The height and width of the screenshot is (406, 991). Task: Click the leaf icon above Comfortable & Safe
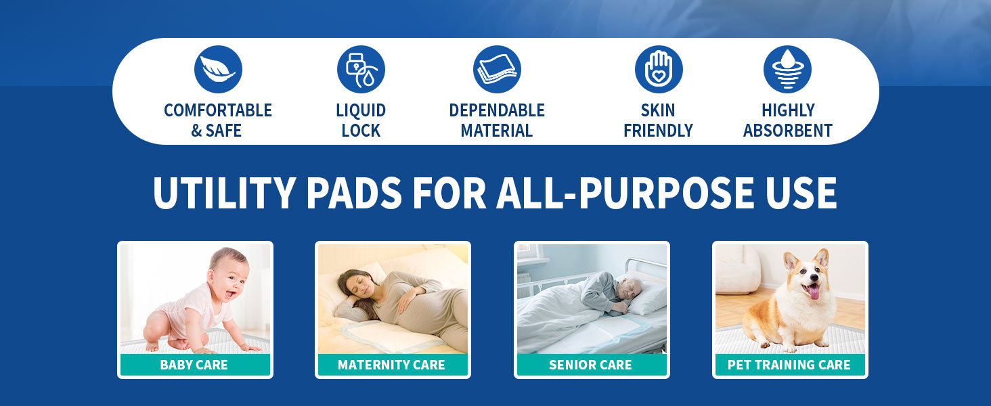click(x=218, y=70)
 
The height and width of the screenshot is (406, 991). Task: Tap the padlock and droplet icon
click(x=361, y=70)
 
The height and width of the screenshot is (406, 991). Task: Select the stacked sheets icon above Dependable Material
click(x=497, y=70)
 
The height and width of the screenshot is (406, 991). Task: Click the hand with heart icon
click(x=659, y=70)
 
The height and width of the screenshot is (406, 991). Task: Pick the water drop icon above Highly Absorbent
click(x=787, y=70)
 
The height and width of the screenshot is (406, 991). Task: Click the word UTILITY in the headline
click(x=224, y=193)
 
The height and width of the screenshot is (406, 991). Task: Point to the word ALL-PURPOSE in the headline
click(x=625, y=193)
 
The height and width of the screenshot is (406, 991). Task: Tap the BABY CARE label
click(x=194, y=365)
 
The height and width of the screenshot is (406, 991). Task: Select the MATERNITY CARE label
click(x=391, y=365)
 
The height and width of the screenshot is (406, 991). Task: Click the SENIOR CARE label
click(x=591, y=365)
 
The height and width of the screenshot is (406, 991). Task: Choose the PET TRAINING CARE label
click(x=789, y=365)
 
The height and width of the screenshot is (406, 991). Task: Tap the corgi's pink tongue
click(x=814, y=292)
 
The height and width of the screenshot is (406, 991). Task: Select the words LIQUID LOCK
click(x=361, y=120)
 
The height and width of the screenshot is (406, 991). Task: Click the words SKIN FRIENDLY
click(x=659, y=120)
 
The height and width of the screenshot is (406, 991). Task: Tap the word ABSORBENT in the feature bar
click(x=788, y=131)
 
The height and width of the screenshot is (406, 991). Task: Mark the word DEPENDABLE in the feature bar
click(x=497, y=110)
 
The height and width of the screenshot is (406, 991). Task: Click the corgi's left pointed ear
click(x=790, y=261)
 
